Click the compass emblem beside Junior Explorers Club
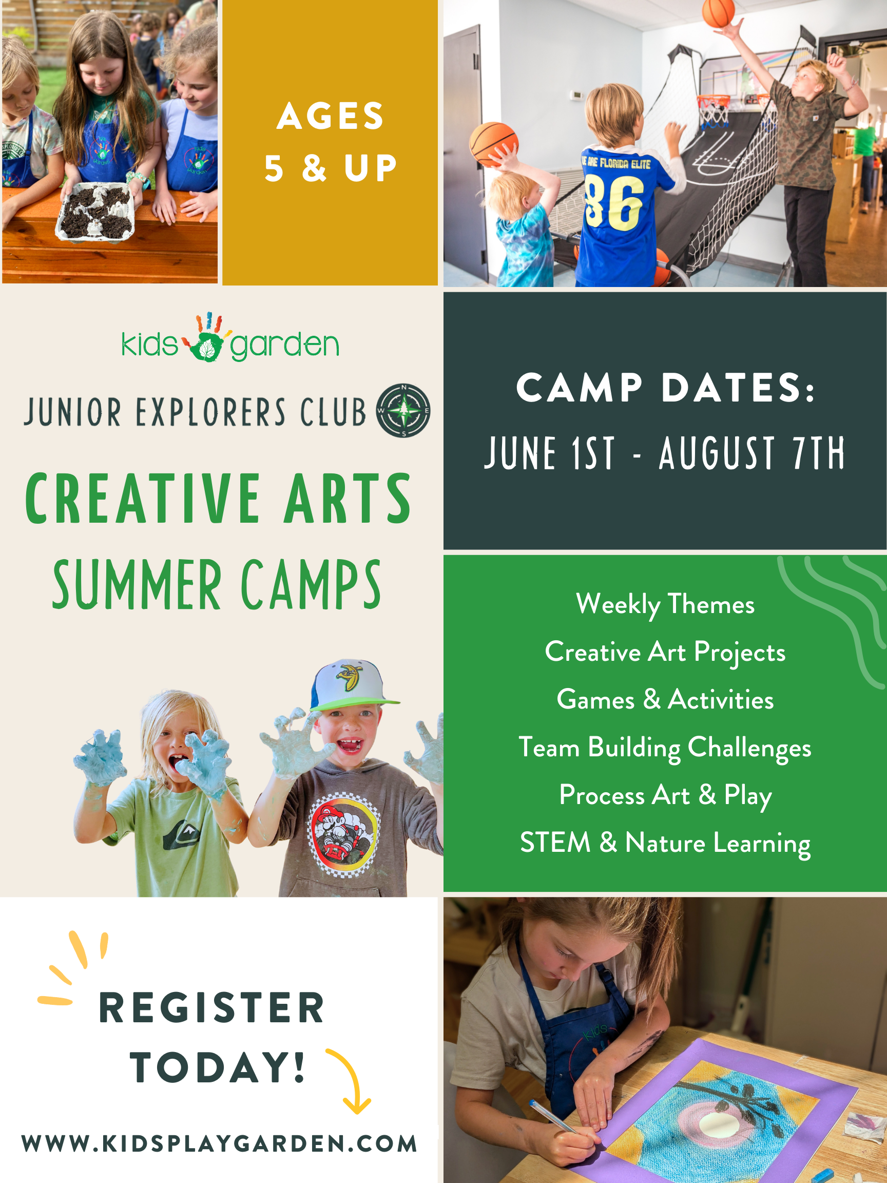(x=403, y=410)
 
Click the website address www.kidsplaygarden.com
(x=219, y=1143)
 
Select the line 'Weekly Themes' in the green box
(x=665, y=604)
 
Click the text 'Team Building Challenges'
(x=665, y=747)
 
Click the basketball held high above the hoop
(x=718, y=12)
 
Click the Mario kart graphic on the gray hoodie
(x=344, y=833)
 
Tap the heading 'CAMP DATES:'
(x=665, y=388)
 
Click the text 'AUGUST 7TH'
(x=751, y=453)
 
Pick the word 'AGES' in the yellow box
(x=331, y=116)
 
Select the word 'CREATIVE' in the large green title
(x=144, y=499)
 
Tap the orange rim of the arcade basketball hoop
(x=715, y=99)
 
